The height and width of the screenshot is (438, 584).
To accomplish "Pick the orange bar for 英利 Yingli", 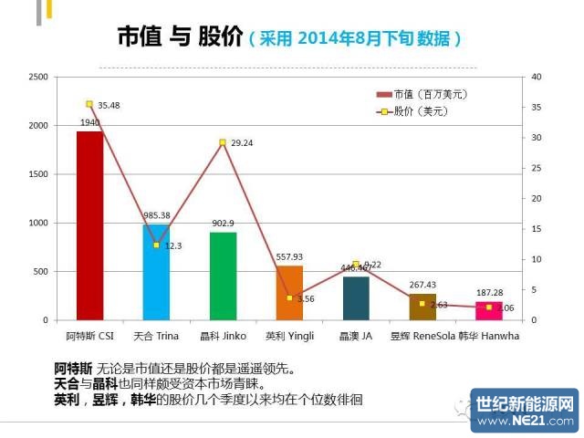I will click(289, 293).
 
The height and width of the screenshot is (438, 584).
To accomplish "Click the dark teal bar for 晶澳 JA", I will click(356, 298).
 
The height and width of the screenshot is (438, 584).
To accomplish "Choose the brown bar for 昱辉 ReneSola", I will click(422, 307).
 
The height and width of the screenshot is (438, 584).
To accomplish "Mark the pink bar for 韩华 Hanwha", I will click(489, 310).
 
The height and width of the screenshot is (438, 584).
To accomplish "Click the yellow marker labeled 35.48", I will click(89, 104).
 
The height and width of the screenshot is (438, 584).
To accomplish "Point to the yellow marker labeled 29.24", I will click(223, 142).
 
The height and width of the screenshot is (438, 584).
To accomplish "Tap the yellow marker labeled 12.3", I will click(156, 245).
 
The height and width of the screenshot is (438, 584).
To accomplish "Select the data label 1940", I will click(89, 122).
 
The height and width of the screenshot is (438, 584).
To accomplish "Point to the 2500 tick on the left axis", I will click(39, 77).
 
